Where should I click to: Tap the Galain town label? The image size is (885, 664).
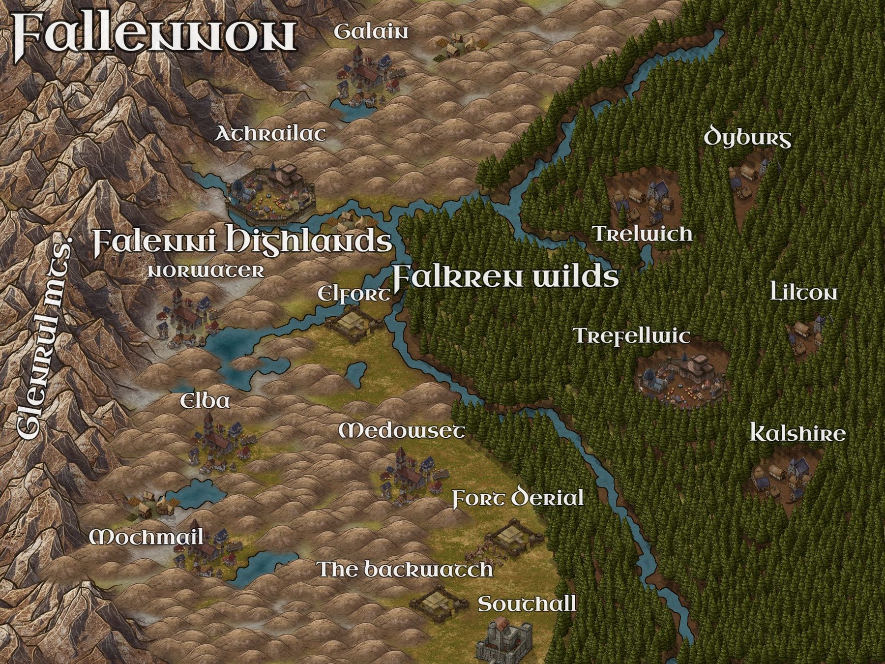371,32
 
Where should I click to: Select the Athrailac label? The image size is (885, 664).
270,134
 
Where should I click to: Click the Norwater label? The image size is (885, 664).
206,271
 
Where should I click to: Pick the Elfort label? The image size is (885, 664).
354,295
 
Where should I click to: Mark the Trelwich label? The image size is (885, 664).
643,234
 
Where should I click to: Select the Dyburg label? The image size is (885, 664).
747,137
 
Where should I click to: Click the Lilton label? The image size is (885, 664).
803,294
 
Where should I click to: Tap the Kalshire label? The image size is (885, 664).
797,434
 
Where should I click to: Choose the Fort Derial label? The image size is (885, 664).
517,498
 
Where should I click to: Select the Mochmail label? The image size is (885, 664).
147,537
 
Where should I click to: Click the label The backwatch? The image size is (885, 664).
405,569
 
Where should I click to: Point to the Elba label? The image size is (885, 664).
205,401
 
